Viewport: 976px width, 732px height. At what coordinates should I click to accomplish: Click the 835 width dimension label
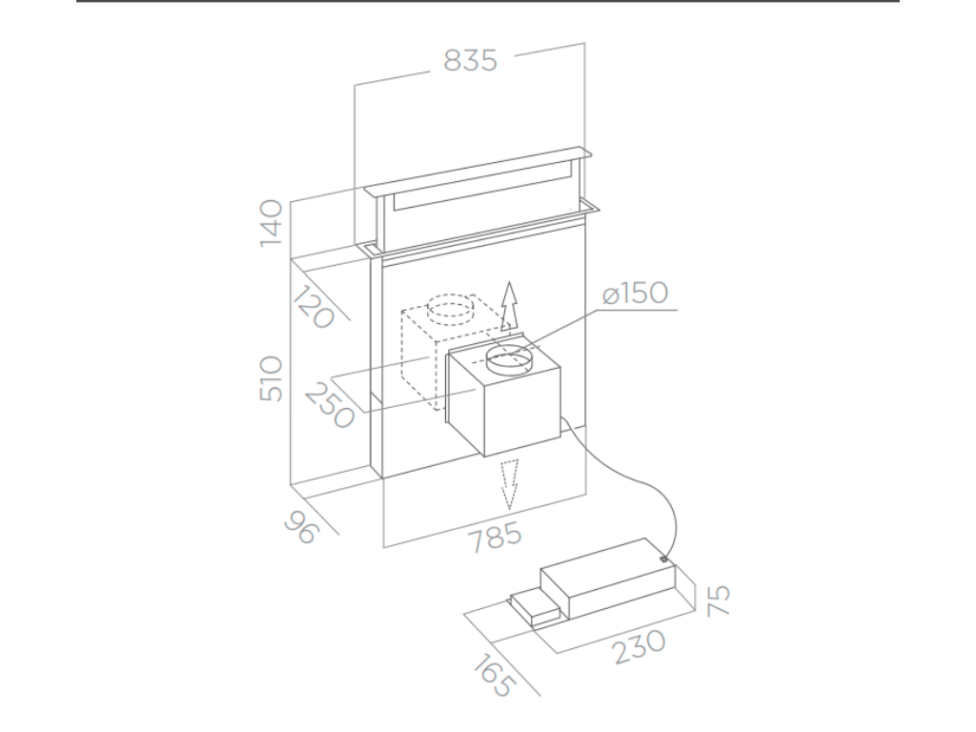(471, 60)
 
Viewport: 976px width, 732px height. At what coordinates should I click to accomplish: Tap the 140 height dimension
(272, 223)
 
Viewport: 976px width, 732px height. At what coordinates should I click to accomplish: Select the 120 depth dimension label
(314, 306)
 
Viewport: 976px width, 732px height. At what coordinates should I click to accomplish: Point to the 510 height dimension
(272, 378)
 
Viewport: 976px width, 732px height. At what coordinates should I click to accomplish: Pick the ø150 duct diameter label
(636, 293)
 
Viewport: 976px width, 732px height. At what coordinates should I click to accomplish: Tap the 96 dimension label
(302, 526)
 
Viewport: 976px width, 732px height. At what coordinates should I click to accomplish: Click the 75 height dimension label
(718, 600)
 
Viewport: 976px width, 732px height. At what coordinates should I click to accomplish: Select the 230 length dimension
(640, 646)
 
